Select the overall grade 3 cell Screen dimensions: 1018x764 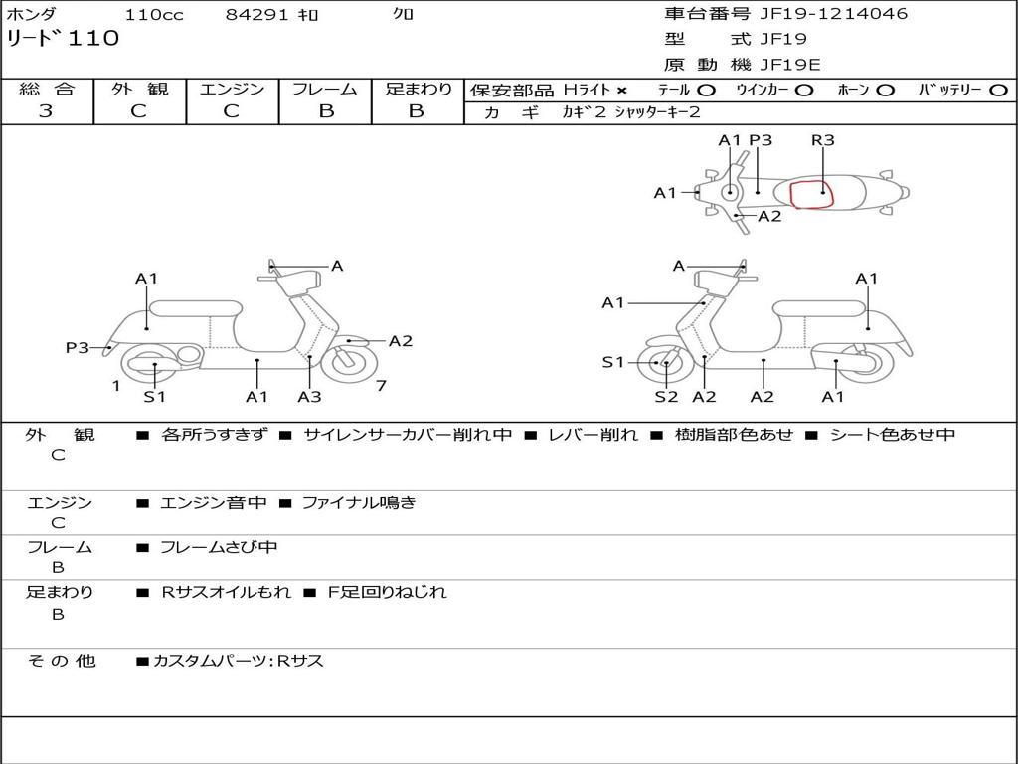(46, 111)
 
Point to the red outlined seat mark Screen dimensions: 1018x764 (811, 193)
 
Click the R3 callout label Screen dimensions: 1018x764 (822, 140)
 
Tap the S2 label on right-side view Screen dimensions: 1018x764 (666, 397)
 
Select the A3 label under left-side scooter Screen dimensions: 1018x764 (309, 397)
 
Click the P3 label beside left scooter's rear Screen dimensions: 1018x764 (78, 347)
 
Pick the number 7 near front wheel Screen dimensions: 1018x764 (381, 386)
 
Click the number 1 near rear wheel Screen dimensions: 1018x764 (116, 386)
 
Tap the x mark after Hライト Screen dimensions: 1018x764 (622, 91)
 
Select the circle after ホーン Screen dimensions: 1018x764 (886, 91)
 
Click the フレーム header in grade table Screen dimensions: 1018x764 (325, 90)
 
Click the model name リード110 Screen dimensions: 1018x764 (63, 39)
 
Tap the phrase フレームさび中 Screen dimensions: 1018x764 (219, 547)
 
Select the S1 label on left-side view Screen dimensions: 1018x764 (154, 397)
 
